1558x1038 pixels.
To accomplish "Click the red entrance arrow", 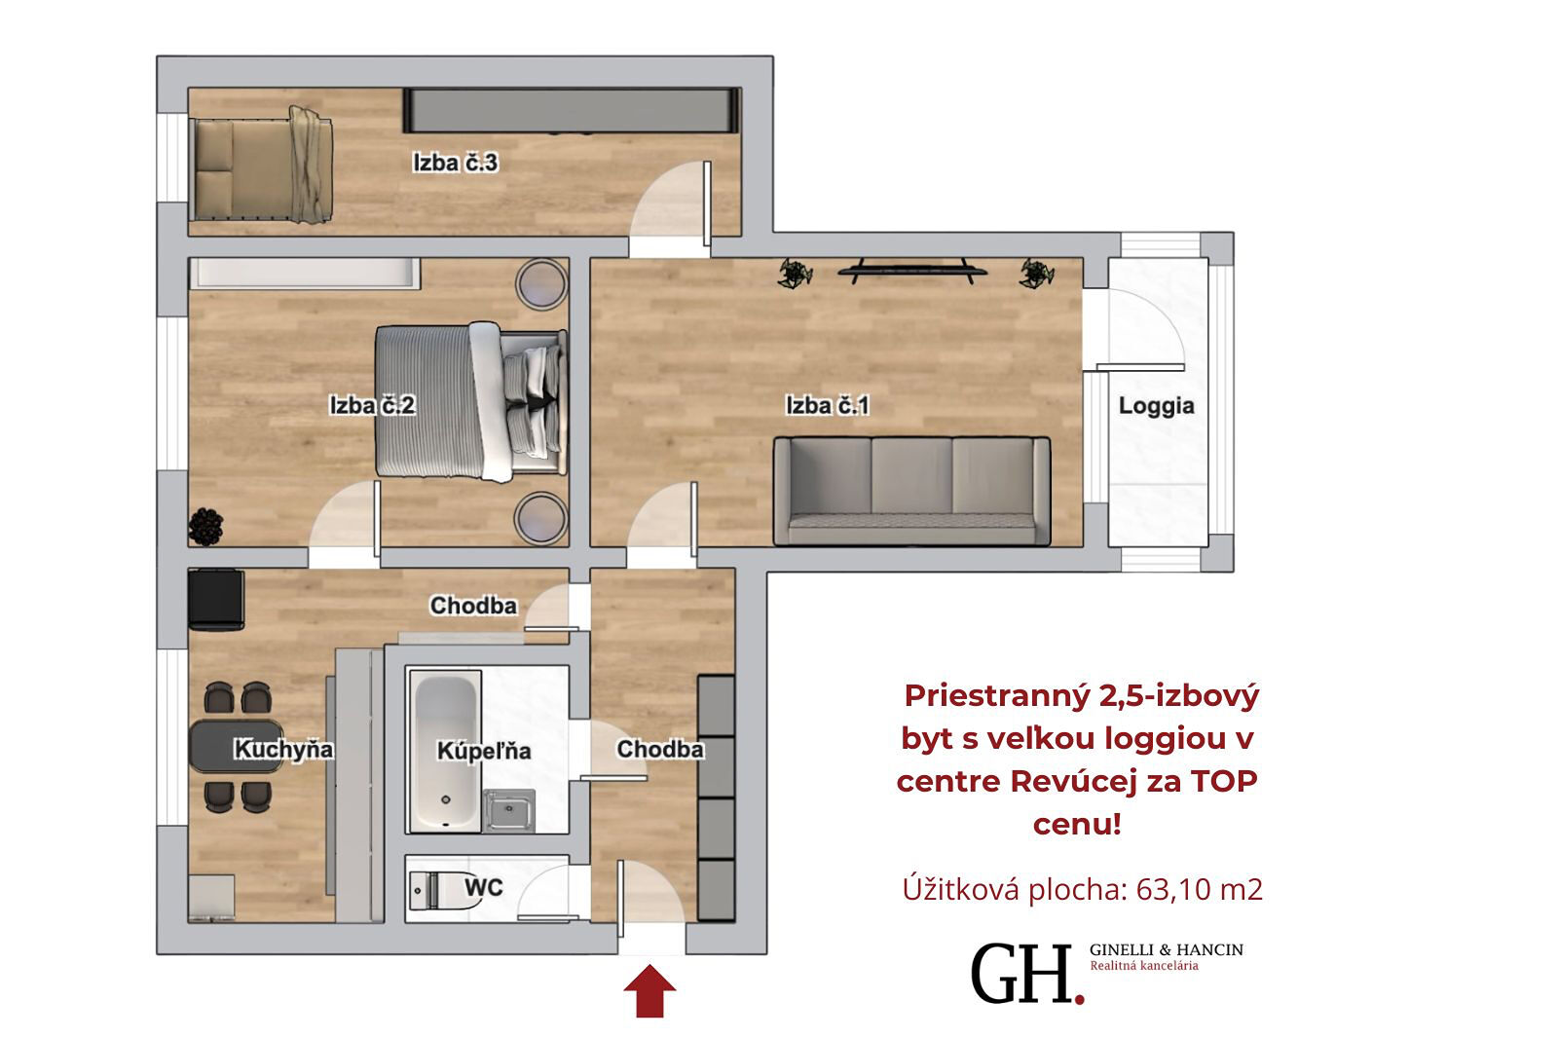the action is (649, 990).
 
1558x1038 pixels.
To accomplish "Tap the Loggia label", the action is (1156, 406).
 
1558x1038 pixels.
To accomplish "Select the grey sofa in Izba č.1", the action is (911, 491).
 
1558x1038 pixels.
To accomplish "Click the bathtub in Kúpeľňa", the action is (445, 752).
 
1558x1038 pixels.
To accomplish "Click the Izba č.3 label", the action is (456, 163).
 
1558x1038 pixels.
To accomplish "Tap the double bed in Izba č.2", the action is (471, 401).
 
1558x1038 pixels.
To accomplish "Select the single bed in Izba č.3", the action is (262, 166).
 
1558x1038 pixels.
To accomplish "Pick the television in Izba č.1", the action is (911, 271).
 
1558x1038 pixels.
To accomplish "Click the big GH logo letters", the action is (1025, 974).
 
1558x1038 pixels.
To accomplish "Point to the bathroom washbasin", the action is (509, 810).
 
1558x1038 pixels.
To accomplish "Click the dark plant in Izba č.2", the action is (205, 527).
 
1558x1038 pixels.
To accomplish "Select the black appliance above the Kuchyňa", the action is (216, 600).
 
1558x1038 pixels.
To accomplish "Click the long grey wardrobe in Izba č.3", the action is (571, 110).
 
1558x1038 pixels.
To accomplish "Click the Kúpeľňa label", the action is (484, 751).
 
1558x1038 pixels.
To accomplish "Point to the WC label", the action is (483, 887).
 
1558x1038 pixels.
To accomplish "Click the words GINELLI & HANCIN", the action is (1167, 949).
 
